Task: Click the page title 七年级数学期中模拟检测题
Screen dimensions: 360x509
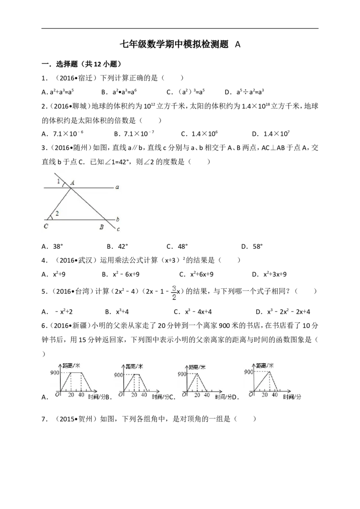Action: coord(174,44)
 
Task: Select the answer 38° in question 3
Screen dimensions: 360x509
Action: coord(58,246)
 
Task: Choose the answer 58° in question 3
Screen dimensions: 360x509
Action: coord(257,246)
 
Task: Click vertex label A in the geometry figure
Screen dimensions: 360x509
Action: coord(72,183)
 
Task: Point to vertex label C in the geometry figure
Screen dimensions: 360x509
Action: coord(46,226)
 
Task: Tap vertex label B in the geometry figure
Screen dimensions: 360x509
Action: coord(101,227)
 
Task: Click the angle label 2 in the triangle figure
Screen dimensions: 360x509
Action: coord(57,213)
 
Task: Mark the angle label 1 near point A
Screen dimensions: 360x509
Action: coord(58,181)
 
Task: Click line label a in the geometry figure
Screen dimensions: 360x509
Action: coord(117,188)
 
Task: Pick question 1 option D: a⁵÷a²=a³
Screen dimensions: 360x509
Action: coord(244,92)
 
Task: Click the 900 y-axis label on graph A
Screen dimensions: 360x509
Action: coord(55,372)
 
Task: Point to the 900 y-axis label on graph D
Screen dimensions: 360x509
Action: coord(249,372)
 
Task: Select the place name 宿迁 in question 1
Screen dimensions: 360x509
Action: coord(86,78)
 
